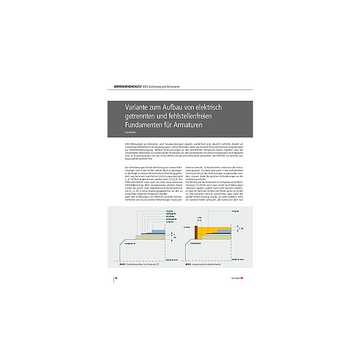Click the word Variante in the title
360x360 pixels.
coord(140,107)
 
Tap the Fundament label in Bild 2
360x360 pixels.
coord(195,243)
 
